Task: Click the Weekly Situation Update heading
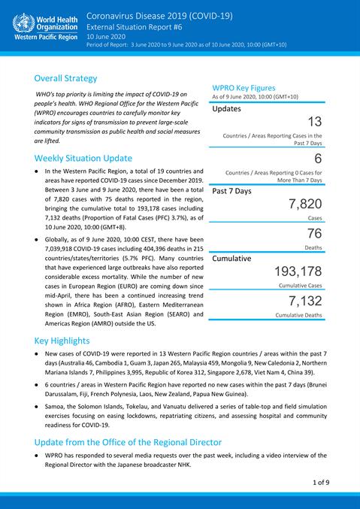click(83, 158)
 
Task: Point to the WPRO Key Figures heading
click(249, 87)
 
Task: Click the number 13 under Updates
click(315, 122)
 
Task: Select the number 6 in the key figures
click(318, 159)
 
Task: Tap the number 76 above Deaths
click(314, 233)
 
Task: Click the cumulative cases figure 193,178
click(298, 271)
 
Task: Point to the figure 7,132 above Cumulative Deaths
click(305, 301)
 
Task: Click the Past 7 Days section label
click(231, 191)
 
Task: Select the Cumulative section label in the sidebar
click(237, 258)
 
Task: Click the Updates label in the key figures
click(226, 108)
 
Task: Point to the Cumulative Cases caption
click(300, 286)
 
